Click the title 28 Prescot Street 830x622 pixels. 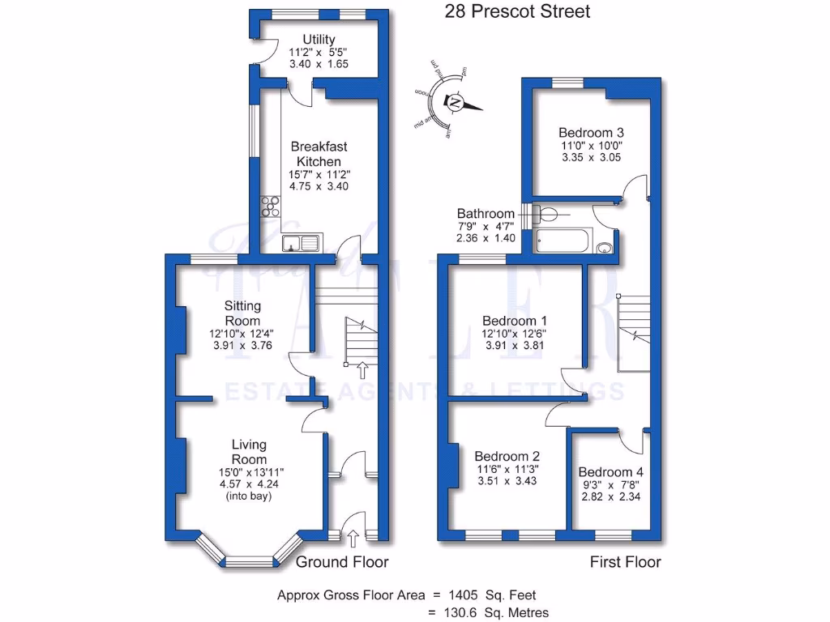[517, 11]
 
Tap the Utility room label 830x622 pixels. [319, 40]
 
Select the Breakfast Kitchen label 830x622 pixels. [319, 154]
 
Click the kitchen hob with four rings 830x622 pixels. [271, 207]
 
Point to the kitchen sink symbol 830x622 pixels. [301, 241]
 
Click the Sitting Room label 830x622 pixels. [242, 313]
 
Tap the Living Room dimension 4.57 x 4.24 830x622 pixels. [249, 484]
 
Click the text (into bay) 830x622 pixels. [249, 496]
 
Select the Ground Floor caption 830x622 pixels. [342, 562]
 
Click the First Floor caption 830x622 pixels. [625, 562]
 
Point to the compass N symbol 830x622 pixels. [455, 103]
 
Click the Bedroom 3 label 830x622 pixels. [591, 132]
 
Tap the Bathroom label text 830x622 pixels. [485, 214]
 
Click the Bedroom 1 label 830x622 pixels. [515, 320]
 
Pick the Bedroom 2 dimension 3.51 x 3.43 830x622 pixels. [507, 480]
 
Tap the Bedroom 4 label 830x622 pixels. [610, 472]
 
